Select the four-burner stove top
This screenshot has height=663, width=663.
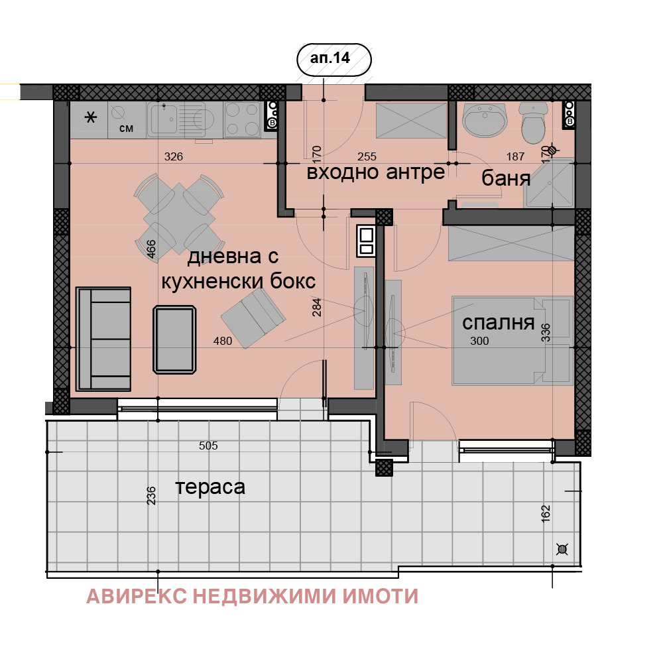243,120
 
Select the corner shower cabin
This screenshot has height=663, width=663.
550,183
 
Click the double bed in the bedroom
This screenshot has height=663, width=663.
512,339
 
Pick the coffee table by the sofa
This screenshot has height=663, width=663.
174,339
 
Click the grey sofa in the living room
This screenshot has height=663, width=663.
103,338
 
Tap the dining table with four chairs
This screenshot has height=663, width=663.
177,214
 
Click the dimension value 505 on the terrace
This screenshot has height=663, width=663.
208,446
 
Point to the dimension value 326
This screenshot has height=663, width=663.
173,157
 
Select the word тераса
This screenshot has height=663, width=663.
210,487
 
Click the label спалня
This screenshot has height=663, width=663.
498,323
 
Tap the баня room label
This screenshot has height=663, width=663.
505,178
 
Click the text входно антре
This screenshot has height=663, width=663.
375,173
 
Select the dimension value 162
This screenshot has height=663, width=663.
545,513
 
